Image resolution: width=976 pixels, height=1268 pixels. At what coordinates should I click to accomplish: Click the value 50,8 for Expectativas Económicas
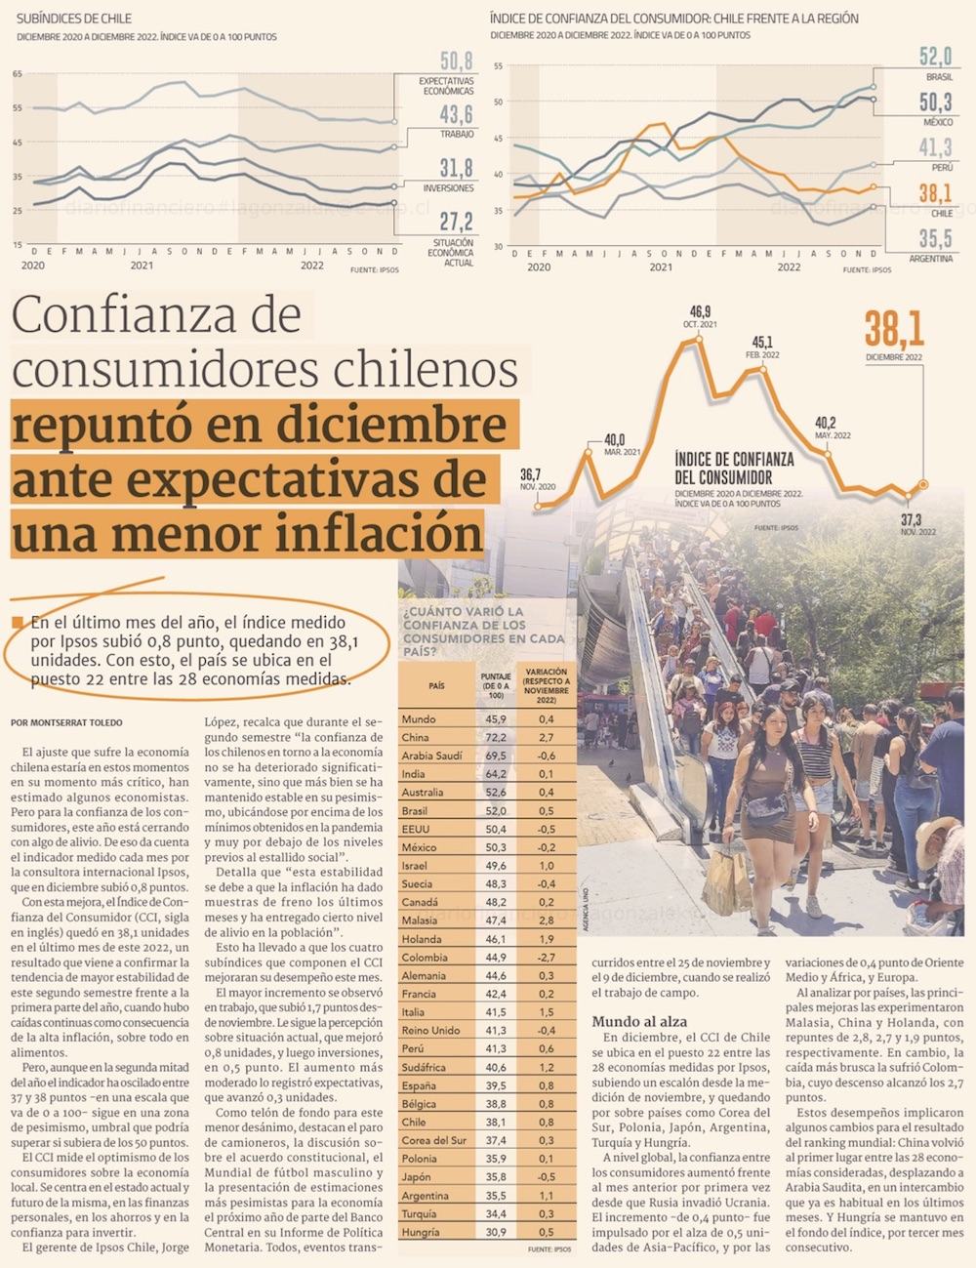point(456,61)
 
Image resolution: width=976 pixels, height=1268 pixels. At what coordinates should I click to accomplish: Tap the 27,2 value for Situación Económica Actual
point(456,223)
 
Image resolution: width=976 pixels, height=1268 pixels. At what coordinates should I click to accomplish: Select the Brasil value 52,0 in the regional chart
point(935,57)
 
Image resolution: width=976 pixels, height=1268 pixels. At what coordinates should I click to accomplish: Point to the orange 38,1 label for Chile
point(935,193)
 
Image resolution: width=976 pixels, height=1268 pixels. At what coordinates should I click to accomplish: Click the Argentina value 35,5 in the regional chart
point(935,238)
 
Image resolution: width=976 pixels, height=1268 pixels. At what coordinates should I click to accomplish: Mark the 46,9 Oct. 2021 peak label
point(700,312)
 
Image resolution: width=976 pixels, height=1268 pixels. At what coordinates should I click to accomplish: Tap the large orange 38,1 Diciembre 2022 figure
point(893,329)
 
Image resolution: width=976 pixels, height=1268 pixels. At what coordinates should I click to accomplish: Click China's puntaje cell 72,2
point(495,737)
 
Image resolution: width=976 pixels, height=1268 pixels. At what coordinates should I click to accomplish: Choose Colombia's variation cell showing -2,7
point(546,957)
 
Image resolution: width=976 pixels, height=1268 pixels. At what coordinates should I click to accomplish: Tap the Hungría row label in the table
point(421,1232)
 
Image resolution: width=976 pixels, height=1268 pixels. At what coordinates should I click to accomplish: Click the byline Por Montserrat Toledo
point(67,723)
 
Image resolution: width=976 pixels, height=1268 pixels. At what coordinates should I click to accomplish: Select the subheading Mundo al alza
point(639,1021)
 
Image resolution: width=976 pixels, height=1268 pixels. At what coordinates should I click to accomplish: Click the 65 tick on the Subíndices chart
point(17,74)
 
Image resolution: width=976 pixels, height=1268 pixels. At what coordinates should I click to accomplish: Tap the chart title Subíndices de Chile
point(73,19)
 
